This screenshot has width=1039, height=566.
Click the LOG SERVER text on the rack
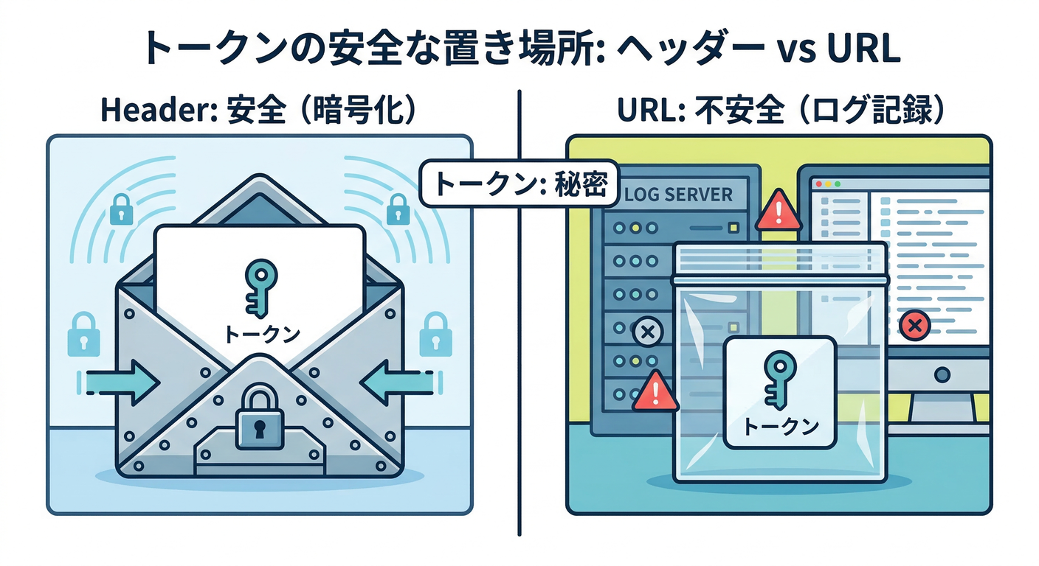678,195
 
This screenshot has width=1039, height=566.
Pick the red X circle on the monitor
916,324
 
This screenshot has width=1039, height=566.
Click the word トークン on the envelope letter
260,333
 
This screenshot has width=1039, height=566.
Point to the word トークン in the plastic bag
779,425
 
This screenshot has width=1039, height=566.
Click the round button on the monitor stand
942,374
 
